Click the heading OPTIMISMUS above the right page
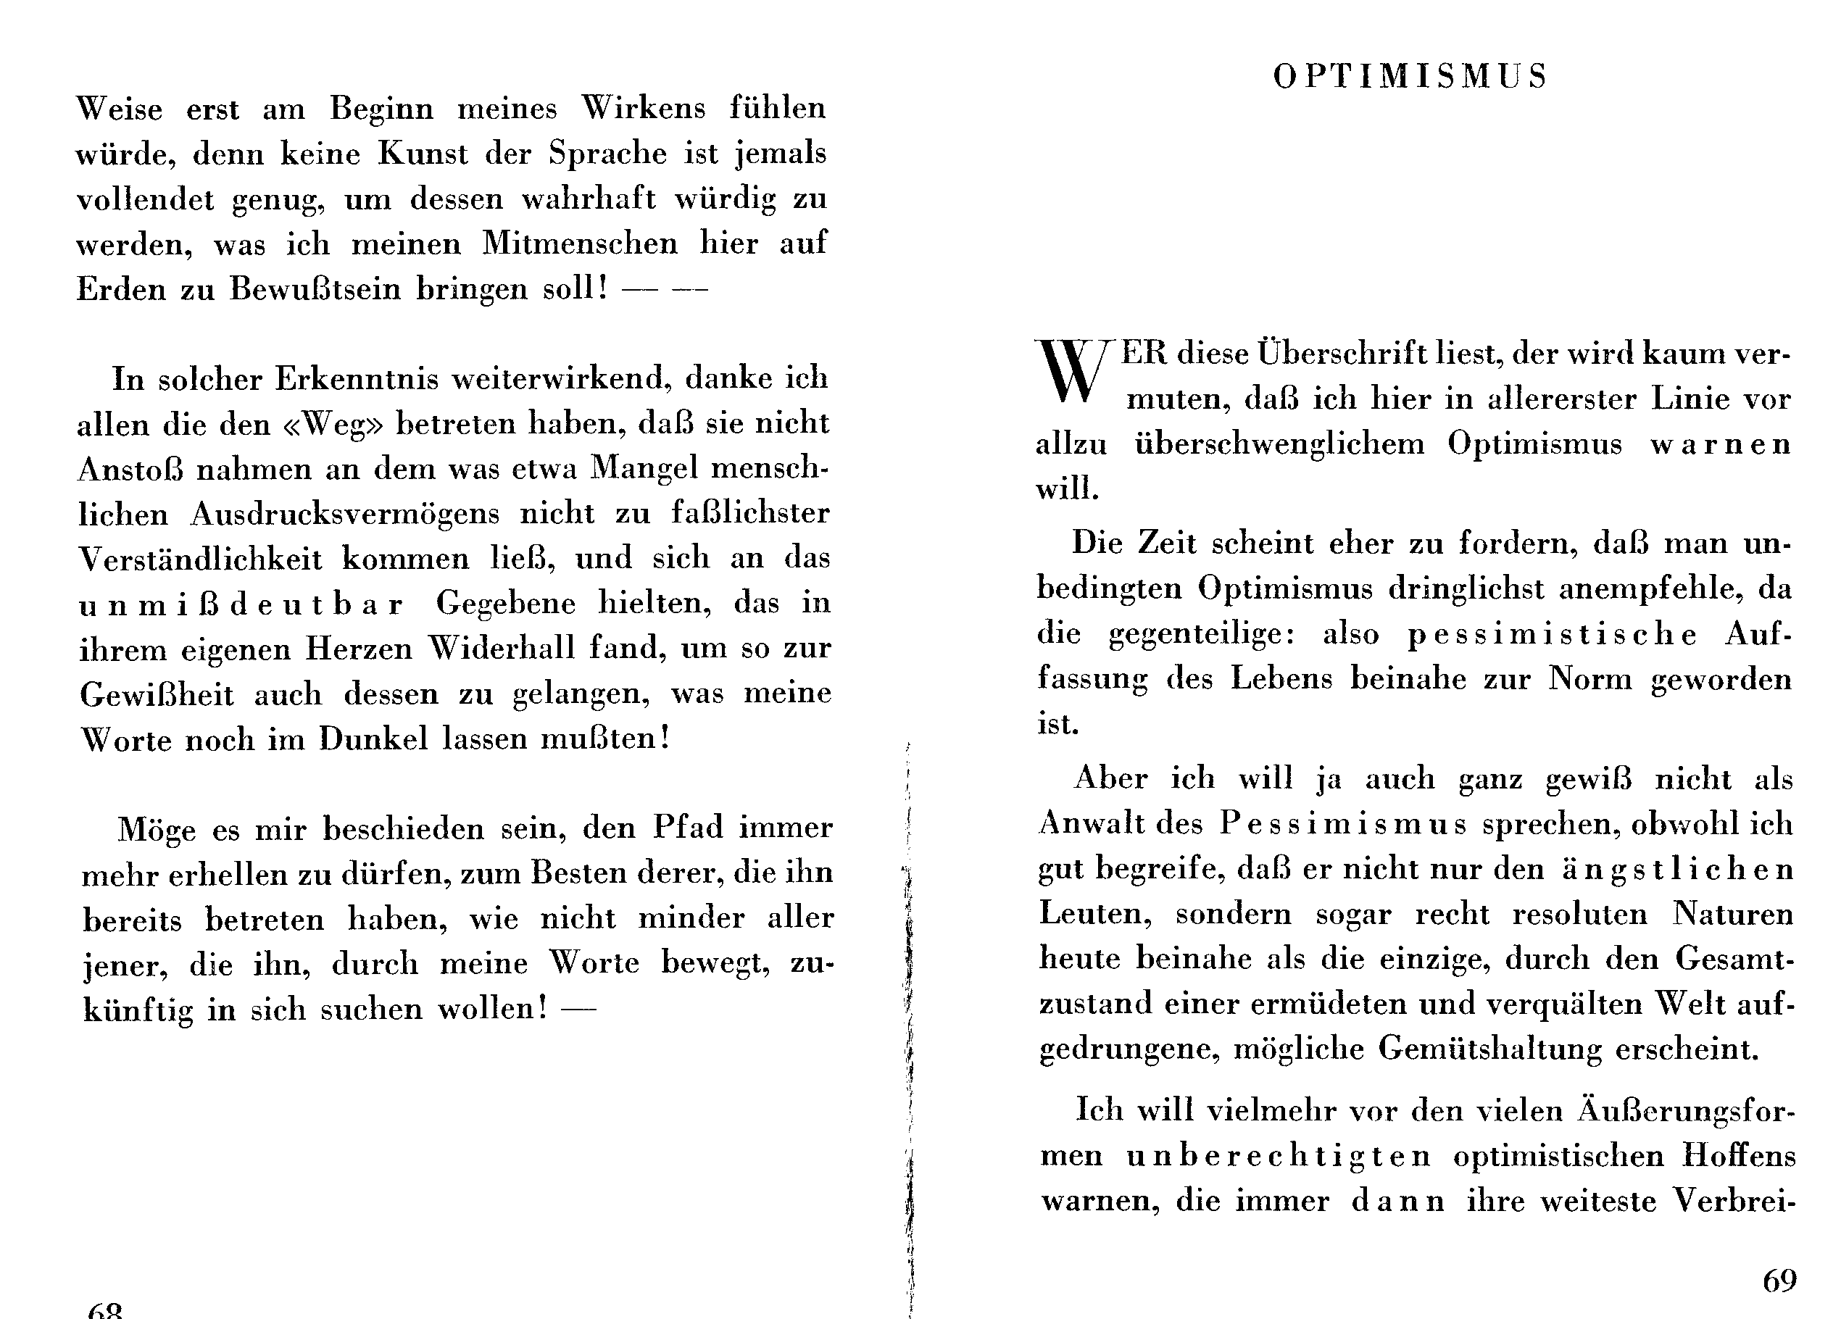1410,77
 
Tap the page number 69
1779,1281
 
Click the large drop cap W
1071,371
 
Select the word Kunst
422,154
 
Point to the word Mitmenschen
580,244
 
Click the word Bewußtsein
315,290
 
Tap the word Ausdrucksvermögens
345,515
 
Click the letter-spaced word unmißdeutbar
241,604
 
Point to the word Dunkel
373,739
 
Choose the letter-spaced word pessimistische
1551,635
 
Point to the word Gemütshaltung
1490,1049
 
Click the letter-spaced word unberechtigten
1279,1156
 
